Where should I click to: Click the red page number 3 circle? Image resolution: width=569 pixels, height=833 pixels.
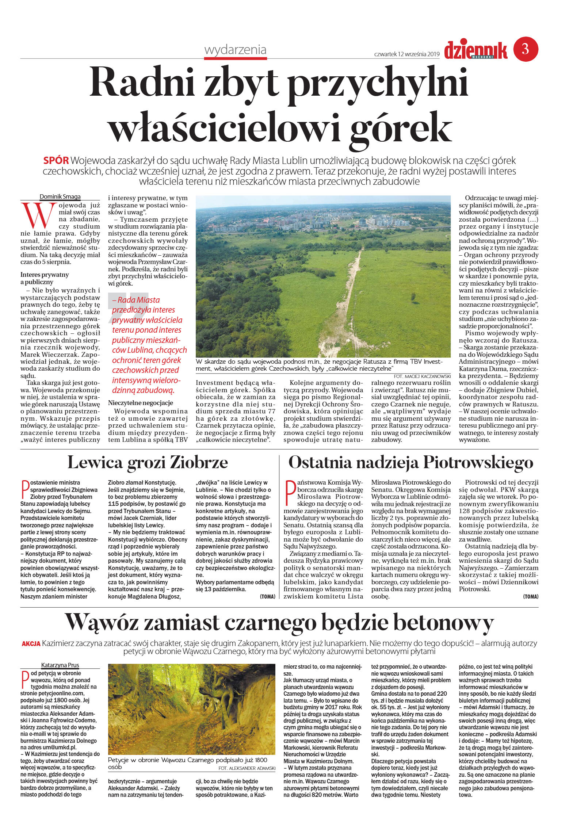coord(526,49)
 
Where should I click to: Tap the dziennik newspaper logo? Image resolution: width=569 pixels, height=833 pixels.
coord(476,50)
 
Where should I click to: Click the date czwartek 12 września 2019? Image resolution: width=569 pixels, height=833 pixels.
coord(406,54)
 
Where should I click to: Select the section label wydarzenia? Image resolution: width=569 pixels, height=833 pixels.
coord(235,50)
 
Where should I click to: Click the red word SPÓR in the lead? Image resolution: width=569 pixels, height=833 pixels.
coord(56,160)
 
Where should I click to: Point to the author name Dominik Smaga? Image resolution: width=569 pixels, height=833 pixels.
coord(60,196)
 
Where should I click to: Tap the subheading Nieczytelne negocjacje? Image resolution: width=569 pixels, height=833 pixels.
coord(140,402)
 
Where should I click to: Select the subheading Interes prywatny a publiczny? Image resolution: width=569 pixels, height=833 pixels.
coord(45,278)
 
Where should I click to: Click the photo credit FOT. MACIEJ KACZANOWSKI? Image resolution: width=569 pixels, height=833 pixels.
coord(422,376)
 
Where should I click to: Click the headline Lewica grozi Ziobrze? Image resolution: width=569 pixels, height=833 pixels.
coord(148,462)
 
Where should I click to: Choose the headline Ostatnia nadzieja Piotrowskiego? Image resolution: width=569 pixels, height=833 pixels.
coord(410,462)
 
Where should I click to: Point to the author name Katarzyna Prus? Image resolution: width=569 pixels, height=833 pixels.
coord(60,665)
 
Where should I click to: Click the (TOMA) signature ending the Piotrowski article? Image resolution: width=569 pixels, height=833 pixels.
coord(530,596)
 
